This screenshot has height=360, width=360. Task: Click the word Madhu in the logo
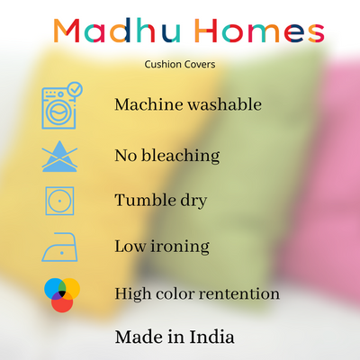[x=117, y=31]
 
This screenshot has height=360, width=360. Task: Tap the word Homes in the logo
[x=259, y=31]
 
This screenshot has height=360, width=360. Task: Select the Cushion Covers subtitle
[x=180, y=64]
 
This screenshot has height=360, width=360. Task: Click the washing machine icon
[x=58, y=108]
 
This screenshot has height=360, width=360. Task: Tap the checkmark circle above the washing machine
[x=75, y=89]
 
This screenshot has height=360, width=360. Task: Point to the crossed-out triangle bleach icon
[x=59, y=157]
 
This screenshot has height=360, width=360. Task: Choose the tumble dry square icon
[x=59, y=201]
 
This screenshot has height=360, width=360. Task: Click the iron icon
[x=59, y=247]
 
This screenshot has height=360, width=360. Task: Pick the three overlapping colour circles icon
[x=62, y=295]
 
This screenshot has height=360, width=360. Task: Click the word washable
[x=225, y=104]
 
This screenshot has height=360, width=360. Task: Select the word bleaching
[x=181, y=156]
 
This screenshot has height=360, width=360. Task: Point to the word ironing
[x=180, y=247]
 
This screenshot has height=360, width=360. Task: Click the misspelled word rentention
[x=235, y=293]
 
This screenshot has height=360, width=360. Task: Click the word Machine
[x=148, y=104]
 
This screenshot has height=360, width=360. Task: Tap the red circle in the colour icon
[x=62, y=302]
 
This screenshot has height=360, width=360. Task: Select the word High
[x=133, y=294]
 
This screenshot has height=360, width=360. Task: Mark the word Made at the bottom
[x=139, y=337]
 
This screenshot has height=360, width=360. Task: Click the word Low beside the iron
[x=130, y=247]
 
